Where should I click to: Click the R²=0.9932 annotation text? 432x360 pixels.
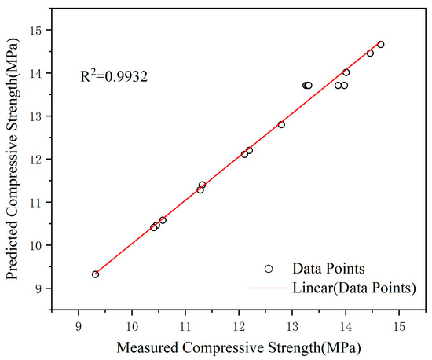[114, 77]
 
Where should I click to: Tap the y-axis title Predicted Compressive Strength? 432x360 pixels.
[13, 157]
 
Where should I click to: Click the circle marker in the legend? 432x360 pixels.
[269, 268]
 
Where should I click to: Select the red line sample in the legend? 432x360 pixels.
[269, 288]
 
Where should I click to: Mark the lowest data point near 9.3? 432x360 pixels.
[95, 274]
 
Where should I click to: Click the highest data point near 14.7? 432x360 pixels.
[381, 45]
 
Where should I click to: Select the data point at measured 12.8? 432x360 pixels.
[281, 124]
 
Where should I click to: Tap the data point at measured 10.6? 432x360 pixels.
[163, 220]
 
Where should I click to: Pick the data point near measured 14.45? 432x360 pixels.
[370, 53]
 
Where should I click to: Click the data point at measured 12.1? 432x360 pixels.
[244, 154]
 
